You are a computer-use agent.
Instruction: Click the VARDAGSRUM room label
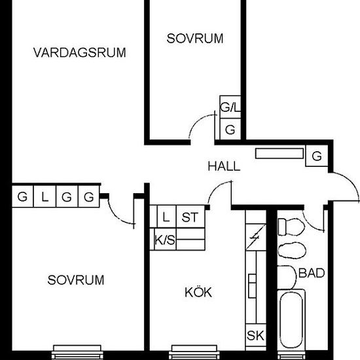[x=79, y=52]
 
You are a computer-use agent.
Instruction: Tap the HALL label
[x=224, y=166]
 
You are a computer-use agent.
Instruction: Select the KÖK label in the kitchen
[x=198, y=293]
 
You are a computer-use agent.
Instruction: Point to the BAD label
[x=312, y=273]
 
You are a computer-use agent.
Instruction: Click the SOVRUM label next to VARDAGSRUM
[x=194, y=39]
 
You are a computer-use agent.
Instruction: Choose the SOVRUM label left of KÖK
[x=76, y=280]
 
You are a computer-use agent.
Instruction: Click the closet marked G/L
[x=229, y=107]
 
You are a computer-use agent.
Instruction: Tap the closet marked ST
[x=190, y=217]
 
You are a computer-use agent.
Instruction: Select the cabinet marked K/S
[x=165, y=241]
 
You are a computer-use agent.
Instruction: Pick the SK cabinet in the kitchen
[x=255, y=336]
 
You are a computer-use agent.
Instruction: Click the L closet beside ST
[x=166, y=217]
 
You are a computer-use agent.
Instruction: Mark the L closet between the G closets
[x=45, y=196]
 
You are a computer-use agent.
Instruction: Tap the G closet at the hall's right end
[x=317, y=156]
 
